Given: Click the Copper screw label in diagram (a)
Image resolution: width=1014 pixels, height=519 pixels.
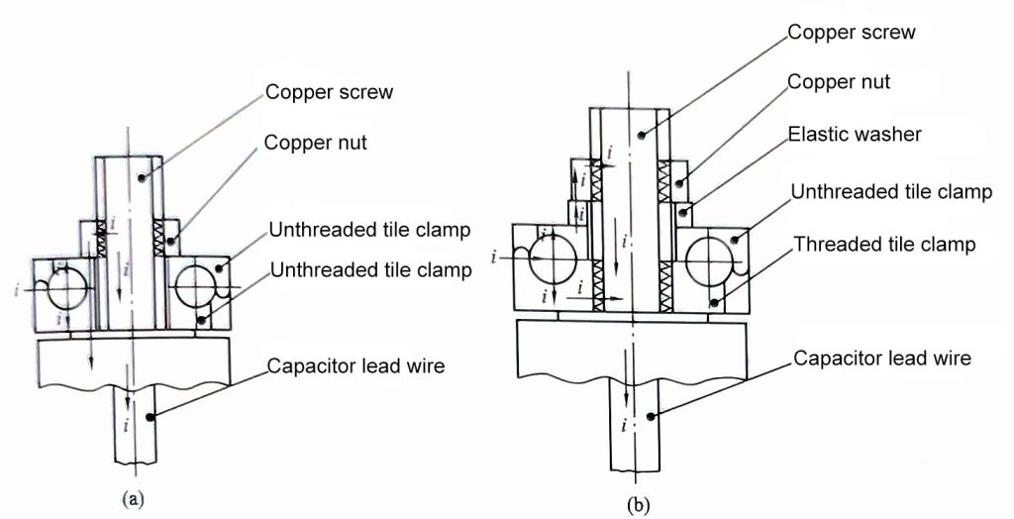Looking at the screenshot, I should click(329, 93).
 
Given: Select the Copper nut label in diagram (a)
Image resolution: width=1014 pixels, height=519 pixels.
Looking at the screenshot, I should click(316, 143).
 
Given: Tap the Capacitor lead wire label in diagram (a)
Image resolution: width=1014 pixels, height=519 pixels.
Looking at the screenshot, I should click(356, 366).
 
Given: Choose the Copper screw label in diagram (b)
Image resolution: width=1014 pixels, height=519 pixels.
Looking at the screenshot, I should click(852, 32).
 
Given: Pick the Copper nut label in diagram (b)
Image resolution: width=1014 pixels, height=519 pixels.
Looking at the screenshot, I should click(839, 82).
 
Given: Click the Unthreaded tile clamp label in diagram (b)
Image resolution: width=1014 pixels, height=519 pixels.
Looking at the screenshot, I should click(891, 192).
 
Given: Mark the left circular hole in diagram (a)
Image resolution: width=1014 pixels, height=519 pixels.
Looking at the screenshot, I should click(61, 288).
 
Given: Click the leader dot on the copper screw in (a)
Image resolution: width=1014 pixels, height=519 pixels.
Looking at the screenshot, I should click(144, 178).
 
